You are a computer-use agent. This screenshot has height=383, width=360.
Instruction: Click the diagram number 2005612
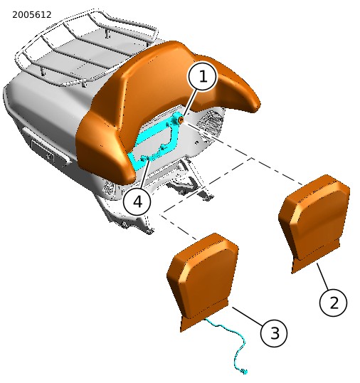[32, 15]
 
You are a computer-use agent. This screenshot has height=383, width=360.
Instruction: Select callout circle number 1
[202, 76]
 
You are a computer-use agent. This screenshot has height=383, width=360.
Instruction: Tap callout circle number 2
[333, 303]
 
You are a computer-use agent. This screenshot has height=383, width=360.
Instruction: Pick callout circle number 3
[274, 333]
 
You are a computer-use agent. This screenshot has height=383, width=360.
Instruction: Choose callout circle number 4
[137, 201]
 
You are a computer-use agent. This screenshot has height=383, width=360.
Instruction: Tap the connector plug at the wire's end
[244, 372]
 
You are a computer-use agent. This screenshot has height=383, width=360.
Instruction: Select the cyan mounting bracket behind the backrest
[157, 142]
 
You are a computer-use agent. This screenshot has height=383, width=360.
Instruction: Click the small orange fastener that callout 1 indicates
[181, 120]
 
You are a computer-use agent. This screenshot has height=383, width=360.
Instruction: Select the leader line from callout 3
[248, 316]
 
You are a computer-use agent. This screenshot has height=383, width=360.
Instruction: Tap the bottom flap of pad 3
[203, 320]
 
